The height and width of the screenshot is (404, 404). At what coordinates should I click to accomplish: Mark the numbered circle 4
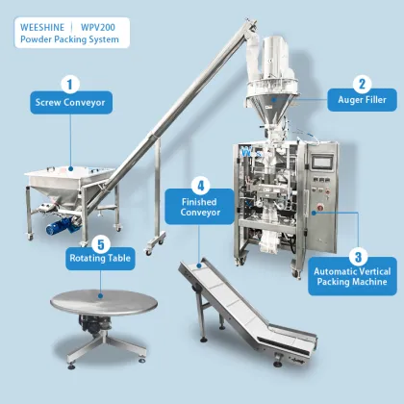[200, 184]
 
